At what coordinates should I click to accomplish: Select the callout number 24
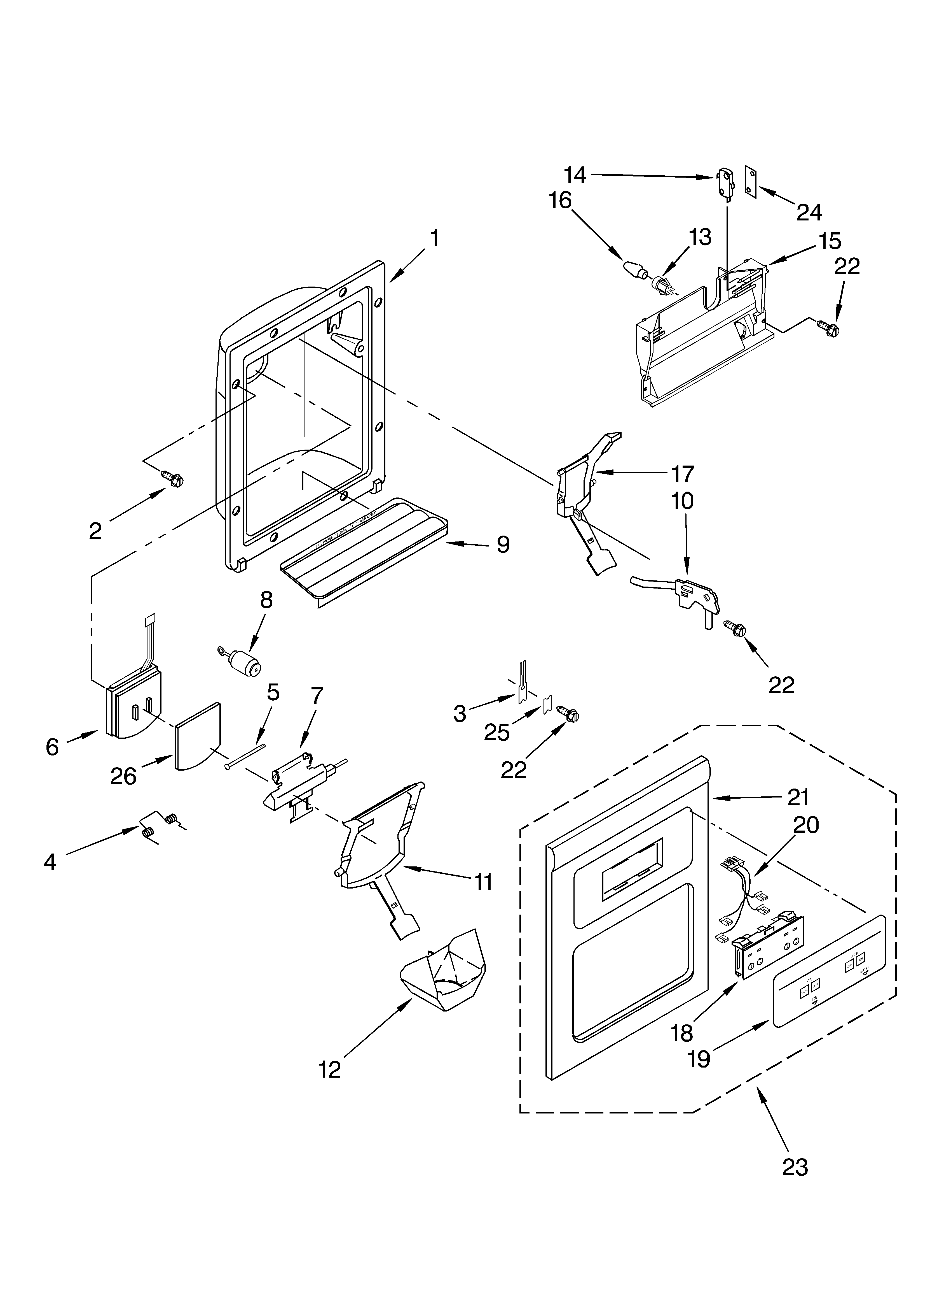[809, 212]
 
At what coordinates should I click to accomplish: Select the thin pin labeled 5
[245, 755]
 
